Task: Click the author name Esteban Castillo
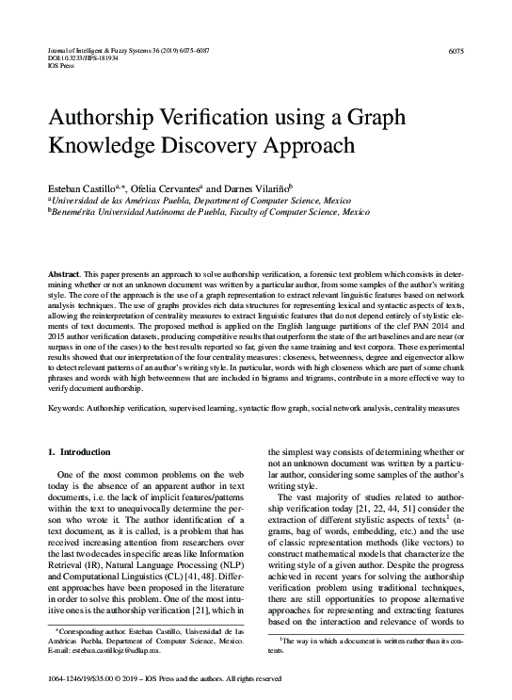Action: [87, 188]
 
